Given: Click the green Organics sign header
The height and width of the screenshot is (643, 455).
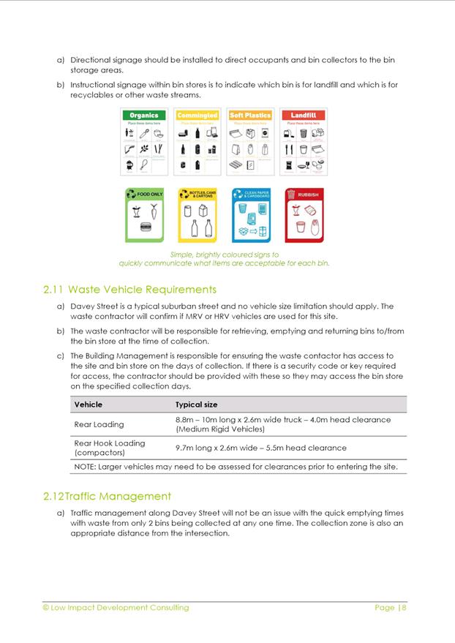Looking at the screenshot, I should (144, 116).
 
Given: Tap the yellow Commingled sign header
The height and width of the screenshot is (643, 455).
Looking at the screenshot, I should (198, 116).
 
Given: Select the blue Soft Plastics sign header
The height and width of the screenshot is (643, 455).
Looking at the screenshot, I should (250, 116).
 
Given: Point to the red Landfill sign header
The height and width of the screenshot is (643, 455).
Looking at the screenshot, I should (303, 116).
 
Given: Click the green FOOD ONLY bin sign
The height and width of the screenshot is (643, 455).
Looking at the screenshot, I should (145, 215).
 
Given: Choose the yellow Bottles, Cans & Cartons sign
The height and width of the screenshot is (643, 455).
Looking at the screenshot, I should (198, 215).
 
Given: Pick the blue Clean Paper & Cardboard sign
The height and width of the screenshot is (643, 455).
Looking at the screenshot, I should (251, 215).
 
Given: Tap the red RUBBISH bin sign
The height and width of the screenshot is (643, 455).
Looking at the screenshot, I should (303, 215).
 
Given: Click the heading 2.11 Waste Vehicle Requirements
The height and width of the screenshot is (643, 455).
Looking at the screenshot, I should (130, 290).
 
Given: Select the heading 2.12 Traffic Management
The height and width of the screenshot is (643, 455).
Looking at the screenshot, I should (108, 497).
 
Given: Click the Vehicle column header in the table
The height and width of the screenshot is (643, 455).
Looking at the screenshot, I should (89, 405).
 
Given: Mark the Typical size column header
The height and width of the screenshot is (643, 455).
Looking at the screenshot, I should (196, 405).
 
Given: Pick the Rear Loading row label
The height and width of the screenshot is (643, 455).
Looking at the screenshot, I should (99, 424).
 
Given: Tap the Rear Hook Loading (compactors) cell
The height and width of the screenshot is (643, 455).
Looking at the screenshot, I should (110, 448).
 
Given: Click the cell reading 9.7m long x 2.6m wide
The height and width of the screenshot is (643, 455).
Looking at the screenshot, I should (261, 448).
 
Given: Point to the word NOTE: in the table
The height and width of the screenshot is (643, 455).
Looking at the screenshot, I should (87, 467).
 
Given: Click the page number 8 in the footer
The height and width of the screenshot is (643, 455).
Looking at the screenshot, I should (403, 607).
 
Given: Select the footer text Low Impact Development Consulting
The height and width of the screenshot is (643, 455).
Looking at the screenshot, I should (120, 607).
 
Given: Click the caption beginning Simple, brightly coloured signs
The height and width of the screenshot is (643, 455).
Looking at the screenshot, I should (224, 259).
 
